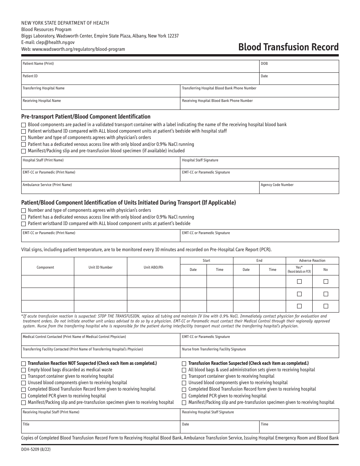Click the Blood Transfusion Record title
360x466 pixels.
(288, 47)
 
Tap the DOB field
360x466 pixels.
(299, 66)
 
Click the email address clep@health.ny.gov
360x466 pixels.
(48, 42)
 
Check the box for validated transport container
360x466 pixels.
(23, 125)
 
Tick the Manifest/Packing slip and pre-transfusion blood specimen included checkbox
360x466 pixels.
(23, 151)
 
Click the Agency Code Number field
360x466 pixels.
(299, 188)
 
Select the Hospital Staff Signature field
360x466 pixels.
(260, 163)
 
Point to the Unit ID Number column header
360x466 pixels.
(100, 267)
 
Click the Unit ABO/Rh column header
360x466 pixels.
(153, 267)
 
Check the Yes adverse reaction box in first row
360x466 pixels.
(299, 281)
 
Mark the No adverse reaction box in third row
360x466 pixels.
(326, 306)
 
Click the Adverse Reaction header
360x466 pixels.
(312, 261)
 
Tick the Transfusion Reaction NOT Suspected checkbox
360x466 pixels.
(23, 363)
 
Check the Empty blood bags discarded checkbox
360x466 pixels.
(23, 370)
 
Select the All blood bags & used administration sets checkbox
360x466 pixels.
(184, 370)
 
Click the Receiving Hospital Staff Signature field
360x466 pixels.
(260, 414)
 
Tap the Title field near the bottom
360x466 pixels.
(100, 427)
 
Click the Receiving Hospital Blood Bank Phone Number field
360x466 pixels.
(260, 103)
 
